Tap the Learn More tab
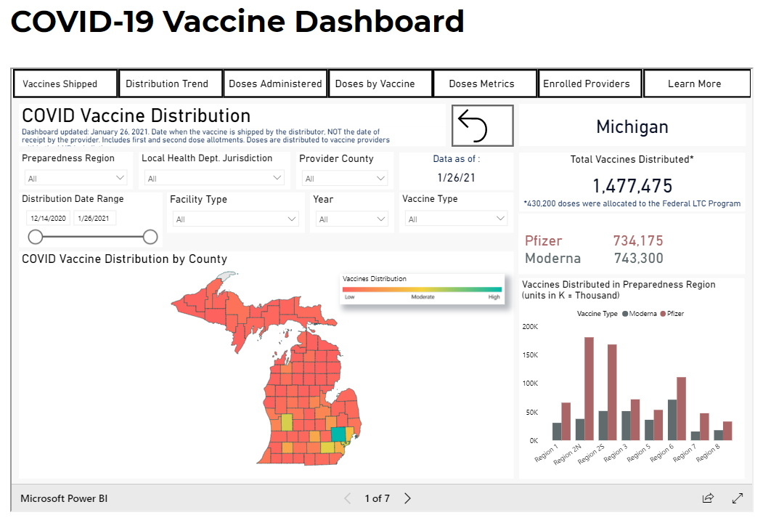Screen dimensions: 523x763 [695, 84]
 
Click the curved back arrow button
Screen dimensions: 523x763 [482, 126]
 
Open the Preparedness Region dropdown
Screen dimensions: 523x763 [76, 178]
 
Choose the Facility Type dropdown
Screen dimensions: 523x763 [235, 219]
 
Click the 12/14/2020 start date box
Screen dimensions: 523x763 [48, 218]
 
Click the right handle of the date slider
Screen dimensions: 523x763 [150, 237]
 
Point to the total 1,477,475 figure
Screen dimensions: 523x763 [632, 186]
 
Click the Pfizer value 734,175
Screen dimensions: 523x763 [637, 240]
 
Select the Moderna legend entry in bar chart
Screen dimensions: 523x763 [639, 314]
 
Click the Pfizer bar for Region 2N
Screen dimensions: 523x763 [589, 389]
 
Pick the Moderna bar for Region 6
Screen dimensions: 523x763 [672, 420]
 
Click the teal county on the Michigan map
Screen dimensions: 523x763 [338, 434]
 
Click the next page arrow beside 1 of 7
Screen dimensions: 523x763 [407, 498]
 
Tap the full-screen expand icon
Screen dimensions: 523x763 [738, 498]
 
